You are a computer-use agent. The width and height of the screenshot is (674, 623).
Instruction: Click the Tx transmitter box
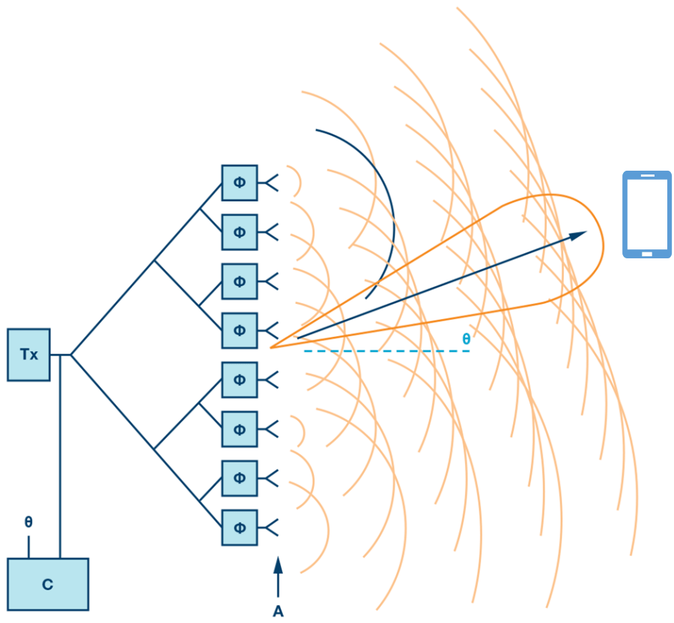click(28, 354)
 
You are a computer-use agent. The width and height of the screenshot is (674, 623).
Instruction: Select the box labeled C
click(48, 584)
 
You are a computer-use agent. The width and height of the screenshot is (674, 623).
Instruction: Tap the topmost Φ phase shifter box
click(240, 183)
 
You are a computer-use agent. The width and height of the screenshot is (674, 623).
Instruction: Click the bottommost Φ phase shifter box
click(240, 527)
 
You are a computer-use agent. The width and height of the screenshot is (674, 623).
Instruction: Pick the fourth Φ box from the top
click(240, 330)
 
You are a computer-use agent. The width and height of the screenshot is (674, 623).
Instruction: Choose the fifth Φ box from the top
click(240, 380)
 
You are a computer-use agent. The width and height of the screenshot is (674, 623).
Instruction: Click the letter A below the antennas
click(278, 612)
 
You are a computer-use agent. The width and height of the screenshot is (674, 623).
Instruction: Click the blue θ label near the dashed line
click(467, 339)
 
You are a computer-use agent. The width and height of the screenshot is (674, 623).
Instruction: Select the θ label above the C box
click(28, 522)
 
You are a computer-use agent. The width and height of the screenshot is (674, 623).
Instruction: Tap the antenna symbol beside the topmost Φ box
click(270, 182)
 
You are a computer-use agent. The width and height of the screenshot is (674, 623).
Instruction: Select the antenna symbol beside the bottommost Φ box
click(270, 527)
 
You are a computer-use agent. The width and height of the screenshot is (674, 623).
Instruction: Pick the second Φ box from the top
click(240, 232)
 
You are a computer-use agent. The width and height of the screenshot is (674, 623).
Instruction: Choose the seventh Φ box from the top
click(240, 478)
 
